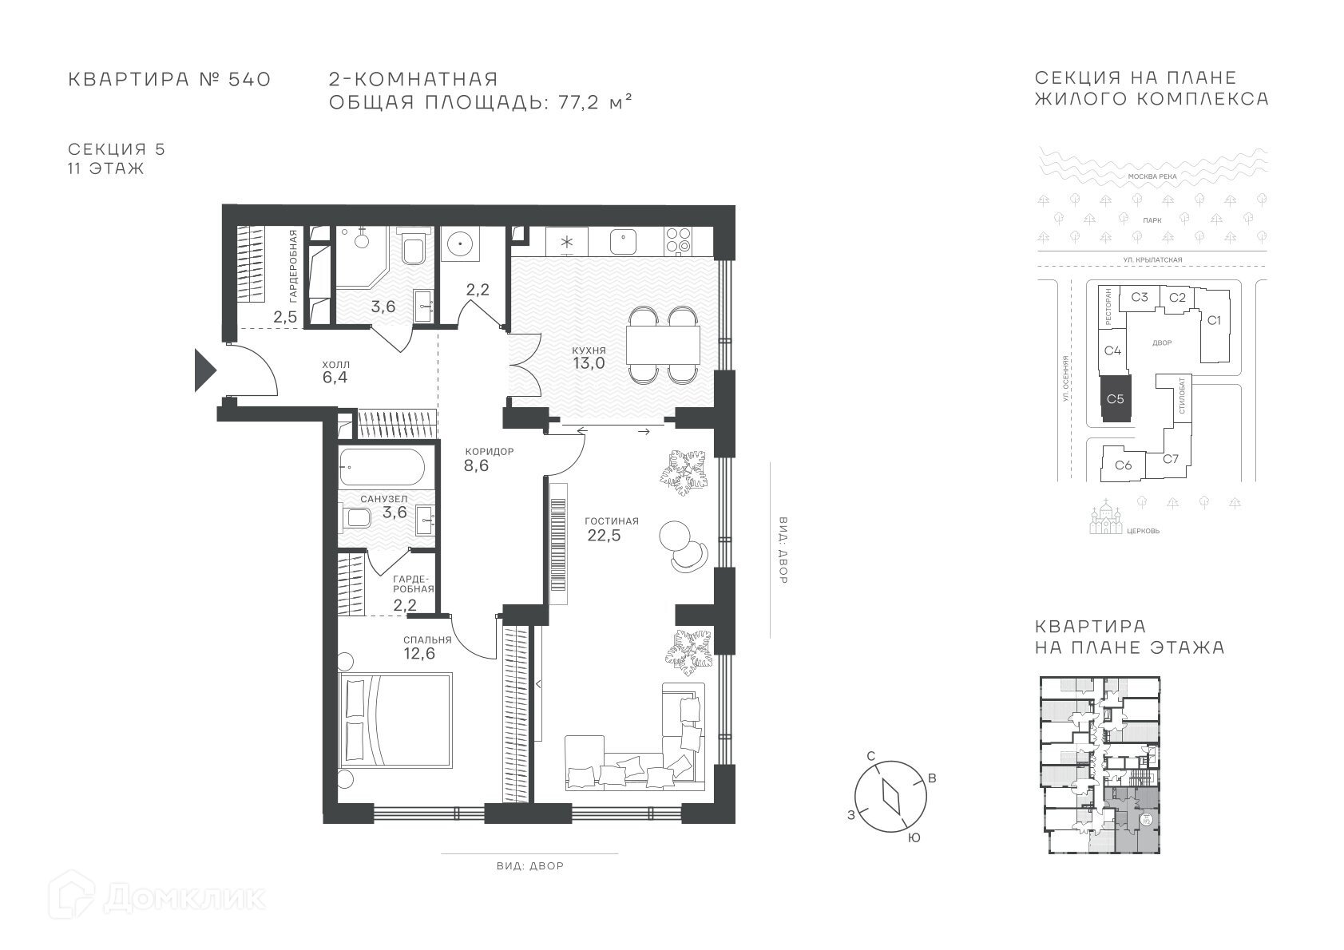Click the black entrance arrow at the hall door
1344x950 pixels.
tap(204, 370)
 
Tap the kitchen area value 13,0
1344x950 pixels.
tap(589, 363)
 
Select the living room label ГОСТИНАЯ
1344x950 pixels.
tap(612, 521)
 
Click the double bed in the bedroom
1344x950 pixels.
tap(394, 720)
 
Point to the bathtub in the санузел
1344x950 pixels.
tap(383, 466)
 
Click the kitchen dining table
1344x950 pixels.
tap(663, 345)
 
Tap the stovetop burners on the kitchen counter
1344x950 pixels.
tap(679, 241)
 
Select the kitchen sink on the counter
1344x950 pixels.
tap(624, 242)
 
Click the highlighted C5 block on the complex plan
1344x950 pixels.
tap(1115, 399)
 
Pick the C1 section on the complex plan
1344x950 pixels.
tap(1214, 320)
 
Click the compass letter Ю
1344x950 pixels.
tap(914, 838)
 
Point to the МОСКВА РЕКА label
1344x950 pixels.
tap(1152, 176)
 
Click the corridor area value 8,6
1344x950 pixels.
tap(476, 465)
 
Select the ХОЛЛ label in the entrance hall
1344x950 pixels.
tap(335, 365)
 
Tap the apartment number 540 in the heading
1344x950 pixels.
tap(249, 79)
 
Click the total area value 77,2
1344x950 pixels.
tap(578, 102)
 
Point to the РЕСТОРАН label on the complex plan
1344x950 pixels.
tap(1108, 307)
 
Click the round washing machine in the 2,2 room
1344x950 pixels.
tap(460, 243)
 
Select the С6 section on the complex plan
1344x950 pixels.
tap(1123, 465)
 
